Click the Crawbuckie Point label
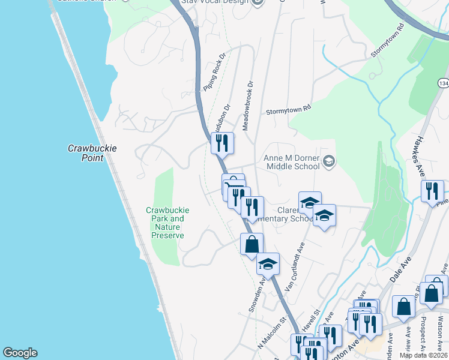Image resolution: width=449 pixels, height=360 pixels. point(85,153)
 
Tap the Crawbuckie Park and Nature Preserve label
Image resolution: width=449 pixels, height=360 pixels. point(167,223)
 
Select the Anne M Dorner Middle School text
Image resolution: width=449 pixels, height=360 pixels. point(291,162)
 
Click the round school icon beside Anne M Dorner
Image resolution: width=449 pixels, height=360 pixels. point(328,161)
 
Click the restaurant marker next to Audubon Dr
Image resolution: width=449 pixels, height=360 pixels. point(221,143)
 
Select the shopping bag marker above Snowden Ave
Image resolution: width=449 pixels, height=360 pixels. point(252,244)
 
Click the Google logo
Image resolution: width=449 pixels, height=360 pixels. point(20,353)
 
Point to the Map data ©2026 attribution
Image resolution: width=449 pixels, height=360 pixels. point(424,355)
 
